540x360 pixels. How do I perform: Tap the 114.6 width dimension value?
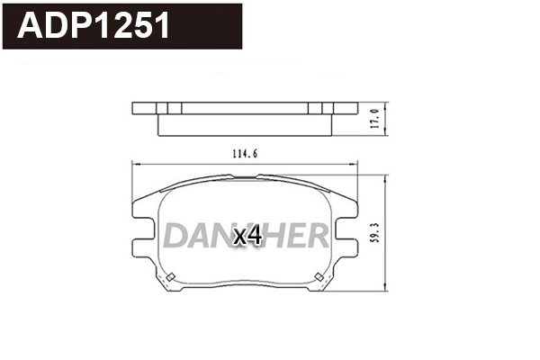coord(244,154)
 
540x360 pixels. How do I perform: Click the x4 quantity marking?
coord(247,237)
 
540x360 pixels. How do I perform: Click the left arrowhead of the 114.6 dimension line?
coord(135,164)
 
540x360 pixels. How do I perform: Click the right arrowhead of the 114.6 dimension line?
coord(355,164)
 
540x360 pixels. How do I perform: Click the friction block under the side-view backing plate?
coord(244,123)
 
